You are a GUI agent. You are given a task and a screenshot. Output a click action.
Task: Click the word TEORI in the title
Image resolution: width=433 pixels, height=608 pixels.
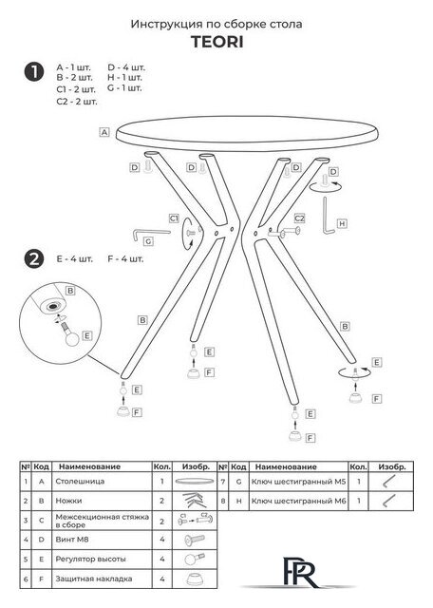[x=217, y=42]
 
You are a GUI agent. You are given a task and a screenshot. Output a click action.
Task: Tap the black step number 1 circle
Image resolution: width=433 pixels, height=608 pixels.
[x=34, y=72]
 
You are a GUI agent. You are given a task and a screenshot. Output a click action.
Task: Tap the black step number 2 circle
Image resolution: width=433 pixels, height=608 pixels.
[x=34, y=258]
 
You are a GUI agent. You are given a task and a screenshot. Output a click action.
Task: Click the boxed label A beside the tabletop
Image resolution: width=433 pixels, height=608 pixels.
[x=104, y=132]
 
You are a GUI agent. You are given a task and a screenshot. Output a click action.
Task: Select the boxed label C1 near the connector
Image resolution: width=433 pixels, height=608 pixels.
[x=174, y=218]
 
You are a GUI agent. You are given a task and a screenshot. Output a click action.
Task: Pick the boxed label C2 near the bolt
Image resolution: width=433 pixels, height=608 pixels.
[x=299, y=218]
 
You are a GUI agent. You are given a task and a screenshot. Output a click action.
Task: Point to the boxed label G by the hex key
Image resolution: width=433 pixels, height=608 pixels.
[x=148, y=241]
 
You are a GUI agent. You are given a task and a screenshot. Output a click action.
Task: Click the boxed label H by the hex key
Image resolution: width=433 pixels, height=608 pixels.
[x=342, y=224]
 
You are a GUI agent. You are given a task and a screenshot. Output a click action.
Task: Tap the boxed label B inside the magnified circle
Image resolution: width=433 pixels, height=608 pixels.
[x=69, y=291]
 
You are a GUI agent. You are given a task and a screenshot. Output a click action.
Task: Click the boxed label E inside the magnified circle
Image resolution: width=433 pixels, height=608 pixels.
[x=87, y=335]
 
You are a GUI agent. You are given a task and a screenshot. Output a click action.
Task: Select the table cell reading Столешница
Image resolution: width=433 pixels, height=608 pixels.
[x=80, y=482]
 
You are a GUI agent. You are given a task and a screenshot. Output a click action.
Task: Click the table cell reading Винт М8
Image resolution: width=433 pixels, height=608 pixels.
[x=72, y=540]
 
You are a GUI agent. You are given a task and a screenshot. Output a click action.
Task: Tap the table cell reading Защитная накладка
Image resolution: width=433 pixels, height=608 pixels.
[x=94, y=579]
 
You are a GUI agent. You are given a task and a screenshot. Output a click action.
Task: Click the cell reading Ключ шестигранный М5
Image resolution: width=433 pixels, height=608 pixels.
[x=298, y=482]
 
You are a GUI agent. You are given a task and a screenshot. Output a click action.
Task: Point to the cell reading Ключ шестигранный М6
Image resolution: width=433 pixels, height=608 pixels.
[x=298, y=501]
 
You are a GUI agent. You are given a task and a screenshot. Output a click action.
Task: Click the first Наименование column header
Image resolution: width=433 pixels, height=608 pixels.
[x=89, y=466]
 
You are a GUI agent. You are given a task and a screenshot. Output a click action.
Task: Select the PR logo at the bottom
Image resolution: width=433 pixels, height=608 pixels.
[x=298, y=572]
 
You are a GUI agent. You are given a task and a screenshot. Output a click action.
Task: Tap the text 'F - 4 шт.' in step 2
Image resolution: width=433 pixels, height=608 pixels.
[x=125, y=258]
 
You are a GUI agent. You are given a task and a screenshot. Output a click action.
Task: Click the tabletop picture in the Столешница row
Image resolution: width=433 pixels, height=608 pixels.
[x=195, y=482]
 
